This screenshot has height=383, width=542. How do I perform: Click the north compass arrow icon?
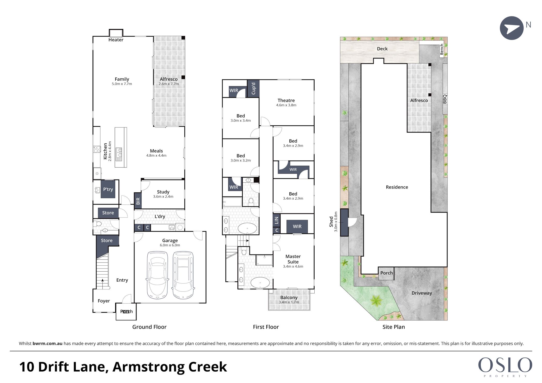pyautogui.click(x=512, y=28)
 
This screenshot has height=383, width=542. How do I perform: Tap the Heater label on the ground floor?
pyautogui.click(x=116, y=40)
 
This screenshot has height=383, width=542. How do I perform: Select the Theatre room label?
pyautogui.click(x=286, y=100)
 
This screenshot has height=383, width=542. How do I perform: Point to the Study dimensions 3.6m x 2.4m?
pyautogui.click(x=163, y=197)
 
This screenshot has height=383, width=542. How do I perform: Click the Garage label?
pyautogui.click(x=170, y=240)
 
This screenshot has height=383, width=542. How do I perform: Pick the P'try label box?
pyautogui.click(x=108, y=189)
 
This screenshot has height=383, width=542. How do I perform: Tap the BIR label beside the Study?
pyautogui.click(x=138, y=201)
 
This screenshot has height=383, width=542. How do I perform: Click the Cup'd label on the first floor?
pyautogui.click(x=253, y=88)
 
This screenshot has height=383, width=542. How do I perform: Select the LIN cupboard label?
pyautogui.click(x=276, y=220)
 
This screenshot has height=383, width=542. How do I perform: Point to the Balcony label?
pyautogui.click(x=289, y=297)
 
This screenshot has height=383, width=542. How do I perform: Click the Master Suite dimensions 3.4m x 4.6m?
pyautogui.click(x=293, y=266)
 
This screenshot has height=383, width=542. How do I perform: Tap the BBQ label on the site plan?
pyautogui.click(x=445, y=99)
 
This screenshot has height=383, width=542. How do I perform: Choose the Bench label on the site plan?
pyautogui.click(x=442, y=49)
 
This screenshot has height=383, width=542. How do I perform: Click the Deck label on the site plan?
pyautogui.click(x=382, y=49)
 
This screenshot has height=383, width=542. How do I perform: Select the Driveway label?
pyautogui.click(x=422, y=293)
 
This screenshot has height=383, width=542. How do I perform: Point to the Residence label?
pyautogui.click(x=397, y=187)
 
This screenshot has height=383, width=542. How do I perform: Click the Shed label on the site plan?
pyautogui.click(x=331, y=222)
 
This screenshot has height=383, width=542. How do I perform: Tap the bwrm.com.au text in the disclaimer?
pyautogui.click(x=47, y=344)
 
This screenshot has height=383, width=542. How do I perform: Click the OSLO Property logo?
pyautogui.click(x=505, y=367)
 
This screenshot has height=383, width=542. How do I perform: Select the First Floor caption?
pyautogui.click(x=266, y=327)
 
